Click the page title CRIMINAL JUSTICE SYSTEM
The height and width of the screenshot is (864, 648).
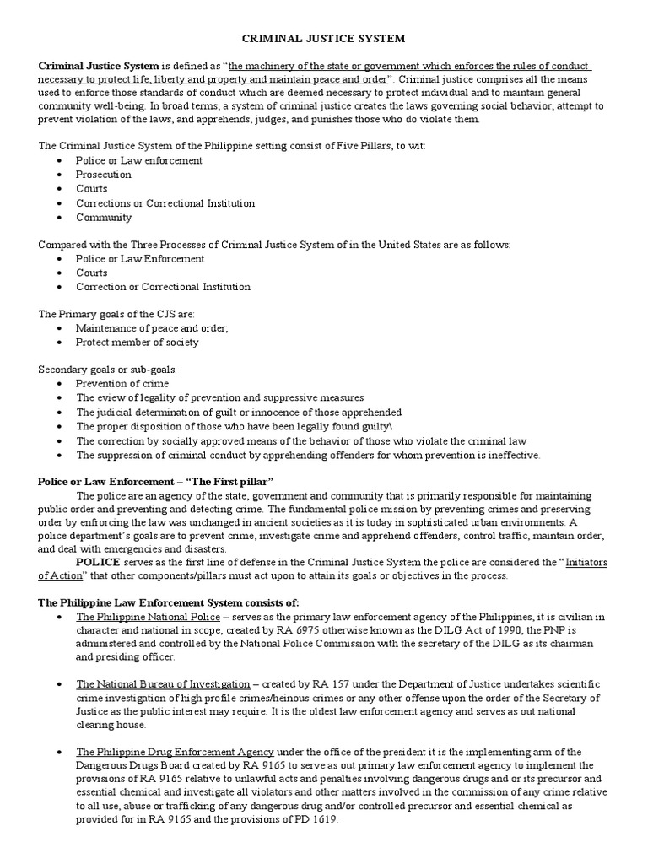[324, 39]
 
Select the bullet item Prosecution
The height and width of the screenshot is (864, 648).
[104, 175]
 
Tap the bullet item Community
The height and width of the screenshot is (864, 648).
[104, 217]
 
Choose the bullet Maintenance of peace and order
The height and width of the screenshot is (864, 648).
[152, 328]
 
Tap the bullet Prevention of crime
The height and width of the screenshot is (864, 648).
[122, 384]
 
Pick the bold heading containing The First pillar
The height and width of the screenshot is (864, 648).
[157, 481]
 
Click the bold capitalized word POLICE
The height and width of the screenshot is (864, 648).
[99, 562]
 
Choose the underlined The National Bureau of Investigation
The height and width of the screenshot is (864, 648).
[163, 683]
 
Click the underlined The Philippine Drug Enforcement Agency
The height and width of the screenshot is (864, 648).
[175, 752]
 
